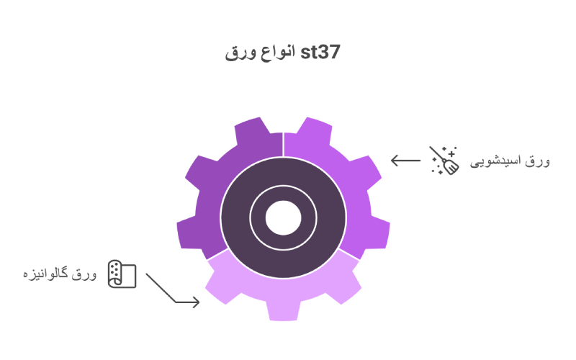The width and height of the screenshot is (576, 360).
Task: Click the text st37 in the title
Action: click(x=321, y=53)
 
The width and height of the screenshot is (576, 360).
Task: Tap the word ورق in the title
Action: click(x=240, y=53)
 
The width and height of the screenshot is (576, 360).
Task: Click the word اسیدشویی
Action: click(x=496, y=161)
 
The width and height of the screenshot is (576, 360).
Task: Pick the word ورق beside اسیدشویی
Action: click(x=538, y=161)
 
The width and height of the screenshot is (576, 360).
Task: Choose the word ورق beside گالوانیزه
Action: click(x=84, y=274)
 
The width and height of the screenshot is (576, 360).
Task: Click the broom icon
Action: click(x=444, y=161)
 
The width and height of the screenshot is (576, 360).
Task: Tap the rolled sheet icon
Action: click(x=122, y=274)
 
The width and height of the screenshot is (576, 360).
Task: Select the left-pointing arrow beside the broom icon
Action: click(x=405, y=161)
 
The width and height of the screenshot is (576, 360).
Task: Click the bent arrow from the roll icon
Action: click(x=170, y=289)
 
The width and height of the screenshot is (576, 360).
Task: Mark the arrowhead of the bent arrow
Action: click(x=195, y=302)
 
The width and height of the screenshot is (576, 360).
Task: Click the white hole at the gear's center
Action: click(x=283, y=217)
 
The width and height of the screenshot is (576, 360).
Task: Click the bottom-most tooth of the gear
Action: click(x=283, y=310)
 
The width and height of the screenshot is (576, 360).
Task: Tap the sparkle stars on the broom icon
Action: click(x=451, y=150)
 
